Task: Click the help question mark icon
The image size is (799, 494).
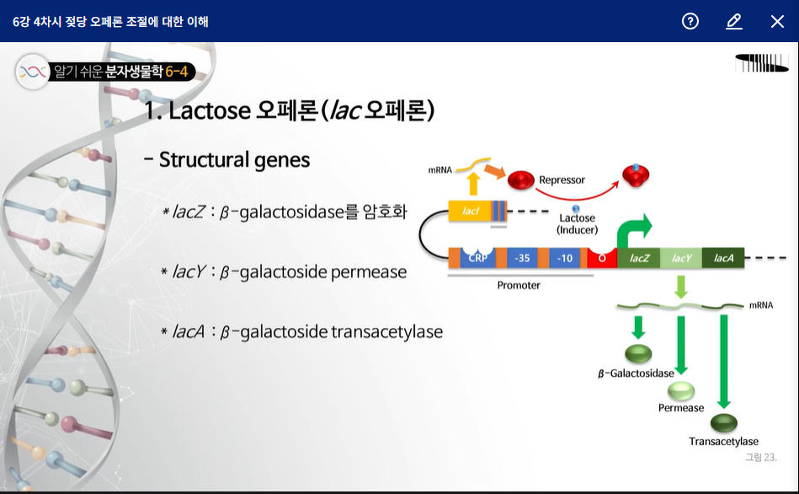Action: click(690, 21)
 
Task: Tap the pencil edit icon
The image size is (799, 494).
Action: click(734, 21)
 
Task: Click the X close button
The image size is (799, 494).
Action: click(777, 21)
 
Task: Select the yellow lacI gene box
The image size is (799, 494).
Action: click(471, 211)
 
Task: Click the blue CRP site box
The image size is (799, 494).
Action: click(477, 258)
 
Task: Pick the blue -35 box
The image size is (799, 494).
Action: click(522, 258)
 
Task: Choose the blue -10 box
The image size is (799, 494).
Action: click(565, 258)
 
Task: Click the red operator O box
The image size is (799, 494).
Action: click(602, 258)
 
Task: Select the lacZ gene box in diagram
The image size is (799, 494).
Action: click(639, 258)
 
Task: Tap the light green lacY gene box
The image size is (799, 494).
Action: click(681, 258)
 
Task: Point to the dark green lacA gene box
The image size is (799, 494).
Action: click(723, 258)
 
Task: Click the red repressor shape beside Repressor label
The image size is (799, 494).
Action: click(521, 180)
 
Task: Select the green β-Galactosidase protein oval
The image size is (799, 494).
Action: click(638, 354)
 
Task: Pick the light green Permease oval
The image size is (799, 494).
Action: click(681, 391)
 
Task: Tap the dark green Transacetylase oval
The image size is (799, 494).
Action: click(723, 422)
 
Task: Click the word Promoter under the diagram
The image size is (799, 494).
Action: click(519, 285)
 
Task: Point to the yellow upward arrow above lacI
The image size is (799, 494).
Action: click(473, 183)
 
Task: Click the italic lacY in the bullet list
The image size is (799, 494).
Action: click(189, 271)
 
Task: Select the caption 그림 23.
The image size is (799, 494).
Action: click(761, 457)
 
